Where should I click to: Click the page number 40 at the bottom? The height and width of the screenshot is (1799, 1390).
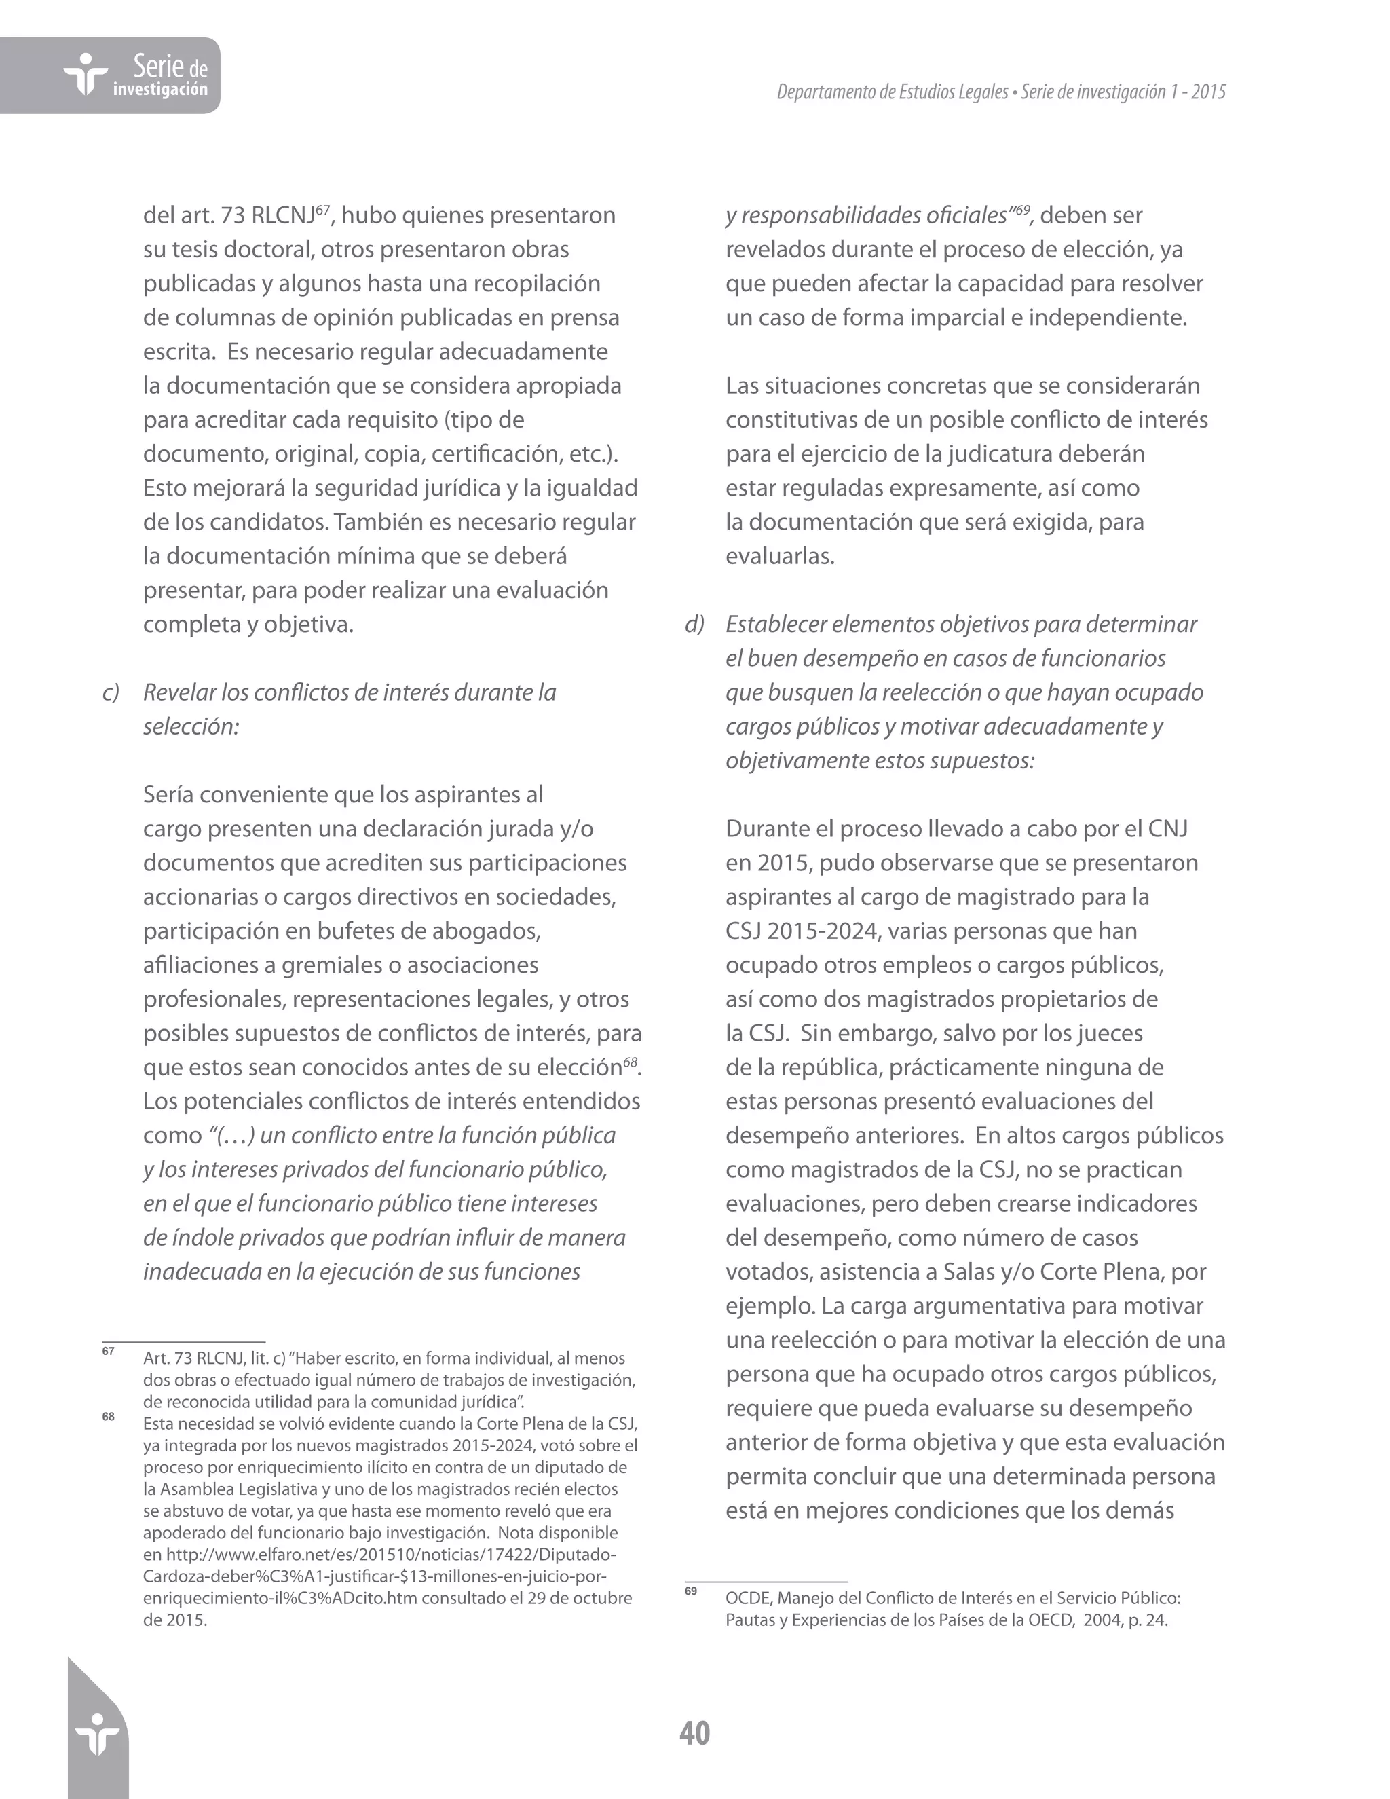click(x=694, y=1733)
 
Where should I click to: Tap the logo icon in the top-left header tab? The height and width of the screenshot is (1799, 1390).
click(x=86, y=75)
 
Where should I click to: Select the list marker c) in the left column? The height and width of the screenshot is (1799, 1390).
click(x=111, y=692)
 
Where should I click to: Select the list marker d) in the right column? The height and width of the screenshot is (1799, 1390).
click(x=694, y=625)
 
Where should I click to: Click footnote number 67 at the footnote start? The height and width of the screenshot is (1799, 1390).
click(x=108, y=1351)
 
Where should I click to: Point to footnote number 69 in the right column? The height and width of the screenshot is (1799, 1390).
click(x=690, y=1591)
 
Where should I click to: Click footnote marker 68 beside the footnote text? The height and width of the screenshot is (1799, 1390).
click(x=108, y=1417)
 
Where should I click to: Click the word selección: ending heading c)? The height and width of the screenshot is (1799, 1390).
click(x=191, y=726)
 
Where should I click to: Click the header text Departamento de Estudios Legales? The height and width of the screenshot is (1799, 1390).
click(x=892, y=92)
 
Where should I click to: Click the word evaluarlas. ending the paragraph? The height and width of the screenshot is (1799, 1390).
click(x=780, y=557)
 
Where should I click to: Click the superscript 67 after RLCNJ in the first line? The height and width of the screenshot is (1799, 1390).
click(x=323, y=209)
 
